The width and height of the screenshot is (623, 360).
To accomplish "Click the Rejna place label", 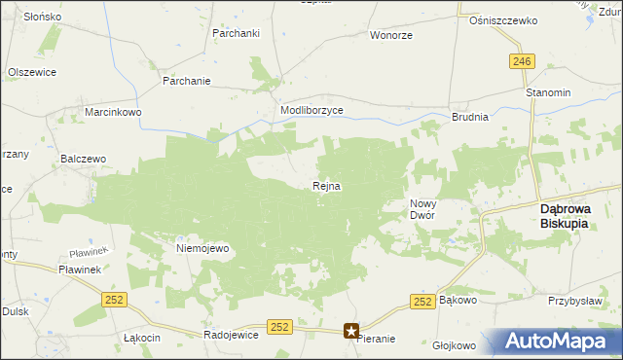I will [326, 186].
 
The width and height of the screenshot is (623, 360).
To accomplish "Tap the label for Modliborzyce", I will [311, 111].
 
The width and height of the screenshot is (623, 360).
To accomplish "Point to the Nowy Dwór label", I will [421, 208].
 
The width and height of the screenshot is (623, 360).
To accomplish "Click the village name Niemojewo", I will [202, 248].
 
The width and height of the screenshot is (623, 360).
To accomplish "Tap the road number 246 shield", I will [522, 61].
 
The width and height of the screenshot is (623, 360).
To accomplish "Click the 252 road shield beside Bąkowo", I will [421, 303].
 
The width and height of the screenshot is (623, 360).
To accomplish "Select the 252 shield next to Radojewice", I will [280, 327].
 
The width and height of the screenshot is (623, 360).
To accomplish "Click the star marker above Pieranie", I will [352, 331].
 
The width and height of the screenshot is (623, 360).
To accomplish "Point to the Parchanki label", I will [235, 32].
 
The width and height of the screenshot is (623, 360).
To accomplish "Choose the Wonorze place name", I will [389, 35].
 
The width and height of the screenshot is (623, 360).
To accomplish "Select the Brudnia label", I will [469, 116].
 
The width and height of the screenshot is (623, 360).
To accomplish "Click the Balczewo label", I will [83, 158].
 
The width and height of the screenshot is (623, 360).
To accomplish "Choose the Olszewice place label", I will [32, 72].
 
